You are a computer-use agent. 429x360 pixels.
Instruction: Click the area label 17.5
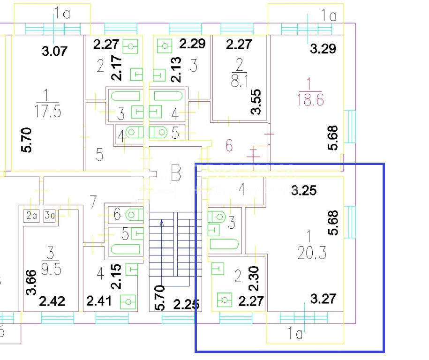click(48, 112)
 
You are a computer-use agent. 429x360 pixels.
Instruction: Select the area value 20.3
click(312, 254)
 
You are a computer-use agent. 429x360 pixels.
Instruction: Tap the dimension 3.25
click(304, 190)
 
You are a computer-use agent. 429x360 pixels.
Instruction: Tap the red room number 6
click(229, 146)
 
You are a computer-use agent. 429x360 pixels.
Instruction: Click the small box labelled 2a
click(32, 216)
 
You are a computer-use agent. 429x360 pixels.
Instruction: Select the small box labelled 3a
click(49, 216)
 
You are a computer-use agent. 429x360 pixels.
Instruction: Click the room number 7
click(93, 202)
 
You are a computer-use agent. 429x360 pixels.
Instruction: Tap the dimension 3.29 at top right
click(323, 48)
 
